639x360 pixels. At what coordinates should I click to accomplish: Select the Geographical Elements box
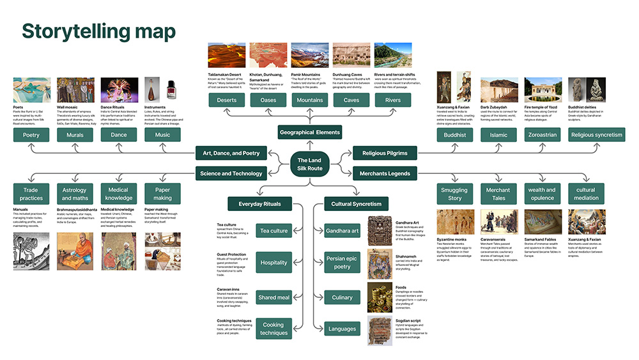311,132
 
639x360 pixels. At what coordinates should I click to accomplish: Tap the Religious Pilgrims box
385,153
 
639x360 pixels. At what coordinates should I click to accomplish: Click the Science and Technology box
230,173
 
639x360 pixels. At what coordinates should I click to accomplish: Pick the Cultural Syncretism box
357,204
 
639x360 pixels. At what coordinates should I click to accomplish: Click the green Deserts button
227,100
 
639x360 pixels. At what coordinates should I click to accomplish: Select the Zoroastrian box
542,135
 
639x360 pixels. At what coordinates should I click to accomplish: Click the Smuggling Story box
454,194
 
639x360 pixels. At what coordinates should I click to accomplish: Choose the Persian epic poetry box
343,263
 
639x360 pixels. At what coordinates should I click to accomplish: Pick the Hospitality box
274,263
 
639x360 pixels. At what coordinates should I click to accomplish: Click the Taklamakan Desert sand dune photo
227,56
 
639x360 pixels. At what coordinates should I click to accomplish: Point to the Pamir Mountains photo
310,56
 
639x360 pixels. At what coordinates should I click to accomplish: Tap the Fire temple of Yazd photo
543,90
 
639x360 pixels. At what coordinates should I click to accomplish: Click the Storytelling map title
99,31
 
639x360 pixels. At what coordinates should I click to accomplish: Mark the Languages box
343,329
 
